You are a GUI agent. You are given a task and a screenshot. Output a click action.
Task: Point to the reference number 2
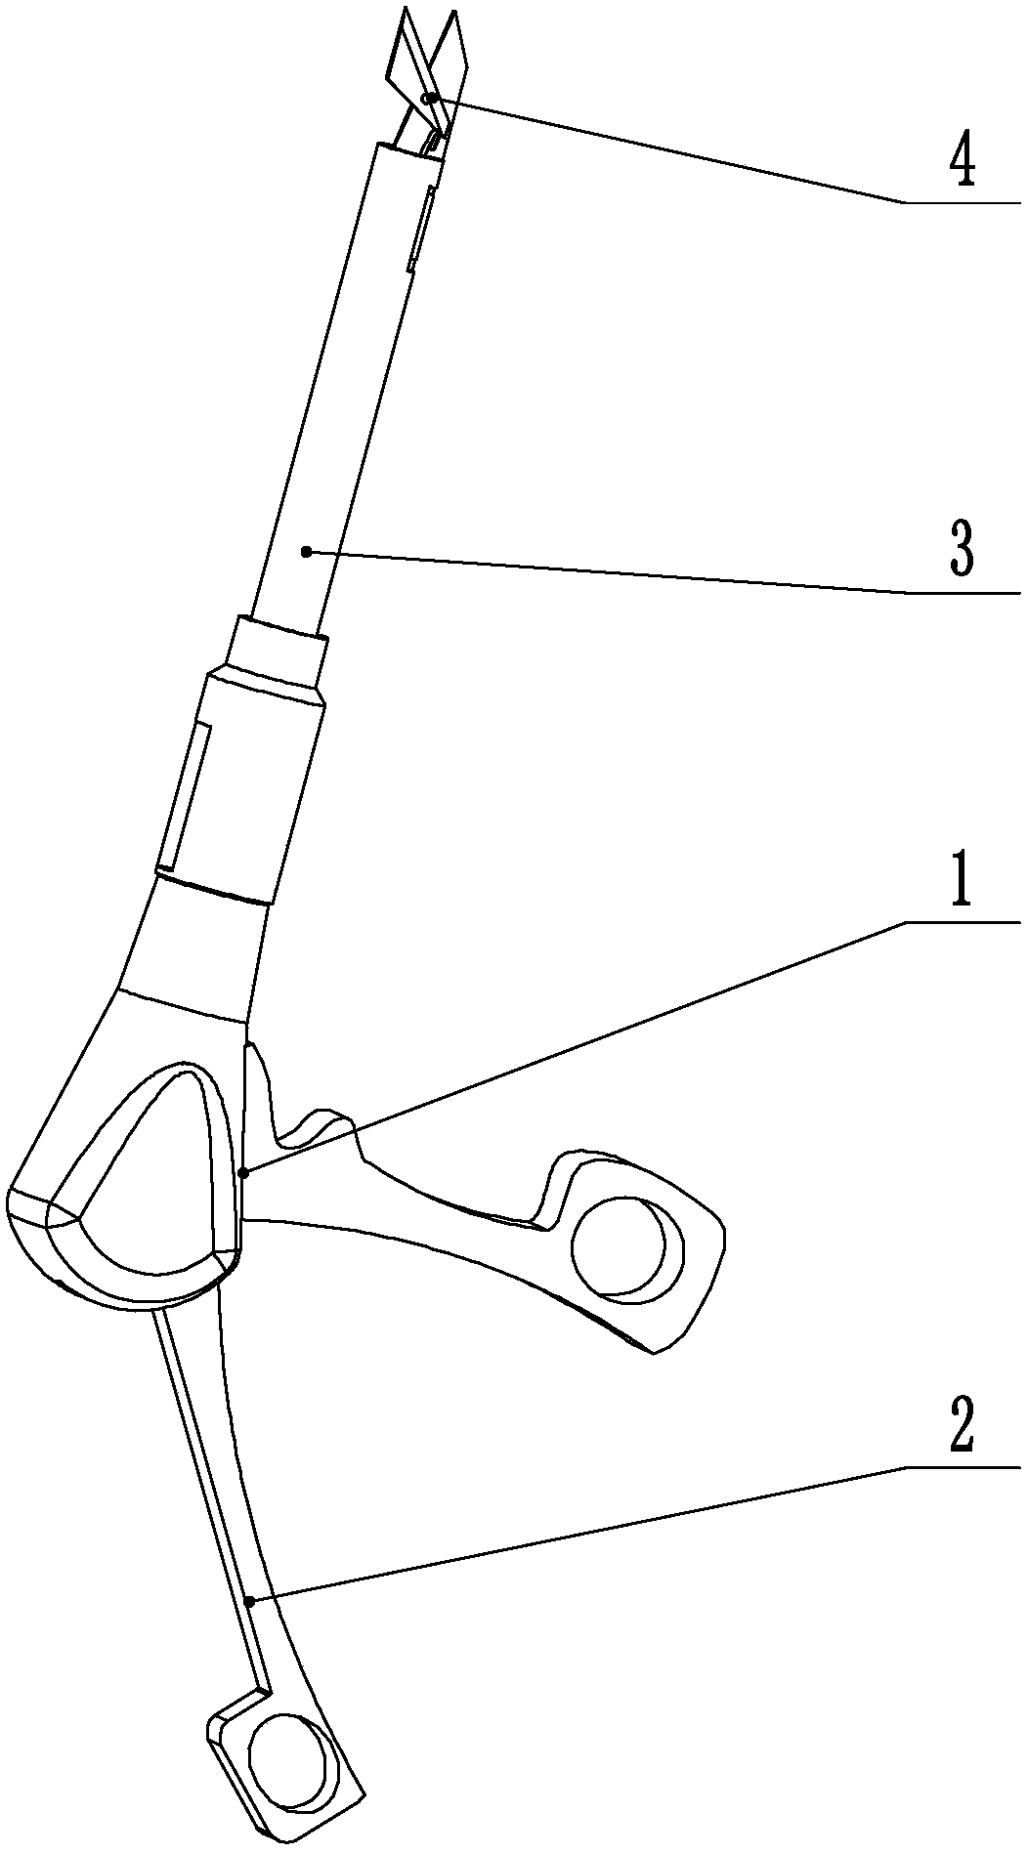(962, 1428)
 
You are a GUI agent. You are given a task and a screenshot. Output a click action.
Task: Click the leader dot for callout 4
(431, 98)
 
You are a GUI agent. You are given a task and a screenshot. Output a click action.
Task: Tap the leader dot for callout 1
(245, 1171)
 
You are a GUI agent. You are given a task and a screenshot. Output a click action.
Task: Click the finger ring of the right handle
(621, 1247)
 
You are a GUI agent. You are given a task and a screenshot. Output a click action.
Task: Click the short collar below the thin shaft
(277, 647)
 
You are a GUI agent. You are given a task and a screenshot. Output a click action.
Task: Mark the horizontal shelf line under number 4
(963, 202)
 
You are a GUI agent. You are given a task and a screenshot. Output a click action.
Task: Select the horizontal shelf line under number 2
(963, 1466)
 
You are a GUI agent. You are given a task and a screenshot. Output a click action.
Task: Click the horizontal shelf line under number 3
(963, 592)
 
